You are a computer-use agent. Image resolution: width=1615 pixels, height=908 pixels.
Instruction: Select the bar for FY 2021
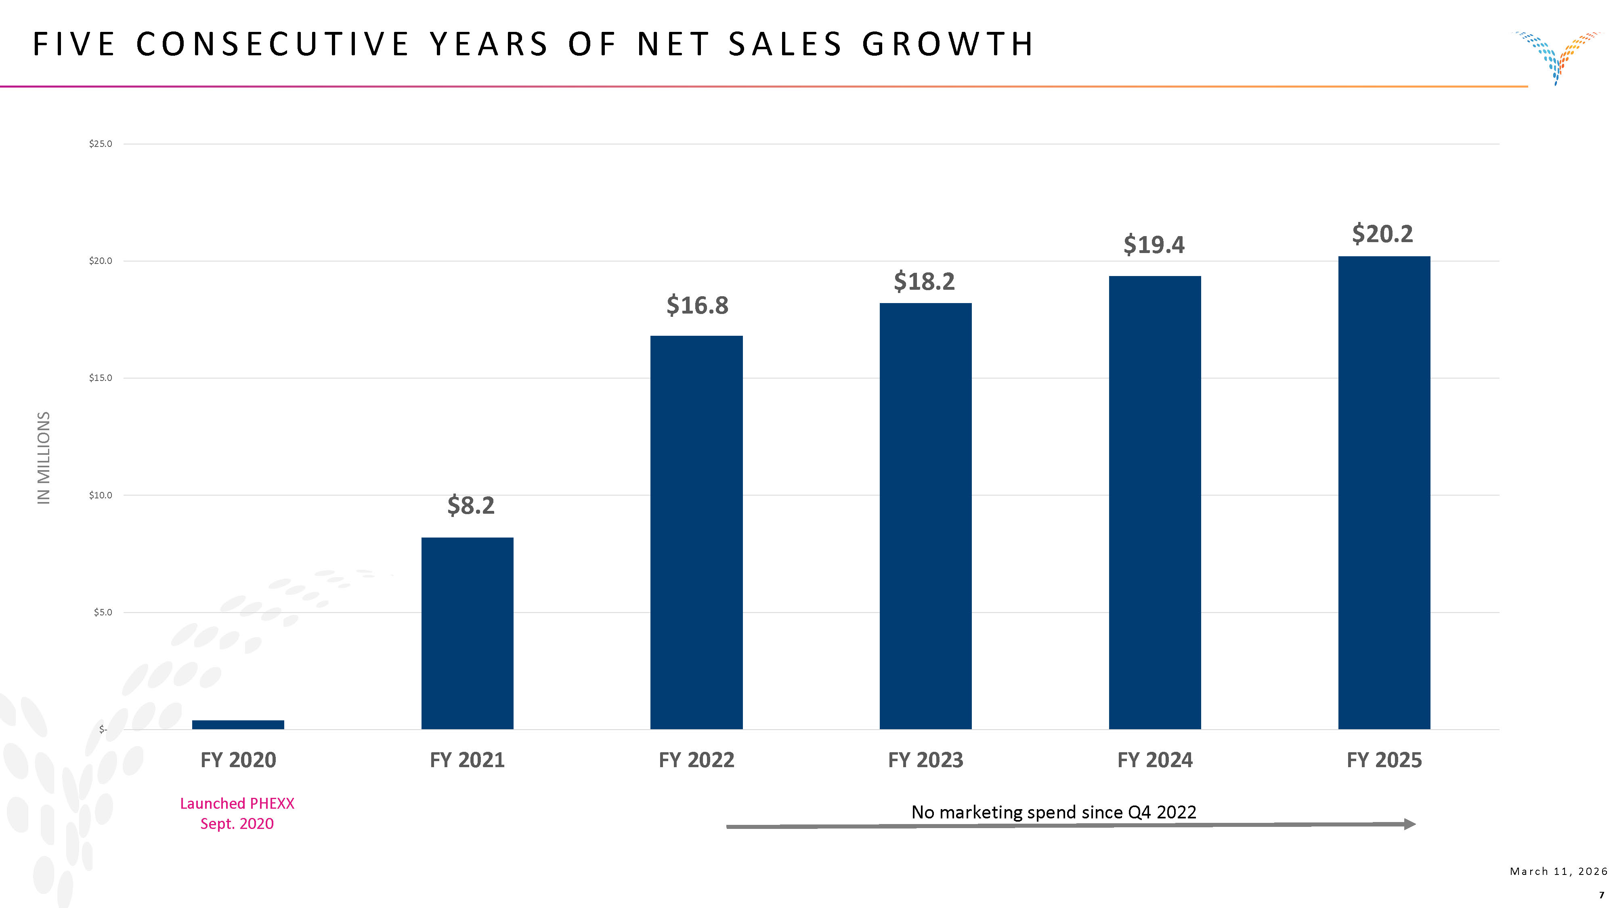point(467,633)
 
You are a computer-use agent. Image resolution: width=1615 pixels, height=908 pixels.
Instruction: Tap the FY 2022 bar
point(696,533)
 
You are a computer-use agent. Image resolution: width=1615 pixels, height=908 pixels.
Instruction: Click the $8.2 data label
point(471,505)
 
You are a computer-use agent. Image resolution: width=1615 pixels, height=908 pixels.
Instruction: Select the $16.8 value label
point(697,305)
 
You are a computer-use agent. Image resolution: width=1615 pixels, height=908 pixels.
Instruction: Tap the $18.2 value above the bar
point(924,281)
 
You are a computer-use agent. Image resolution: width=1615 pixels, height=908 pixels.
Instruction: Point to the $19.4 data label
point(1154,245)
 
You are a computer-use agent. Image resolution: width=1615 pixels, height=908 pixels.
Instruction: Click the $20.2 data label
point(1382,234)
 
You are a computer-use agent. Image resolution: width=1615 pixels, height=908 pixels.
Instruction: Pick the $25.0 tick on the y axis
point(100,144)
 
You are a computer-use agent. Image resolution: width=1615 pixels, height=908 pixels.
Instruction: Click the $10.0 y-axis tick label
point(100,495)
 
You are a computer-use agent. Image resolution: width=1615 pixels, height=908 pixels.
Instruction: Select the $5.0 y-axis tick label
point(102,612)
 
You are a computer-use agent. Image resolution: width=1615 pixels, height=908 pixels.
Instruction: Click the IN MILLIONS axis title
point(43,458)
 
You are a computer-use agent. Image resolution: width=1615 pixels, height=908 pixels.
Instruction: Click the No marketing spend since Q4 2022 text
point(1053,812)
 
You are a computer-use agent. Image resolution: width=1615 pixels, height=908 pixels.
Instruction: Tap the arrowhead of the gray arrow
point(1409,824)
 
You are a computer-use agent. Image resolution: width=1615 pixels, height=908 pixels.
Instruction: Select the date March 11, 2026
point(1558,871)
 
